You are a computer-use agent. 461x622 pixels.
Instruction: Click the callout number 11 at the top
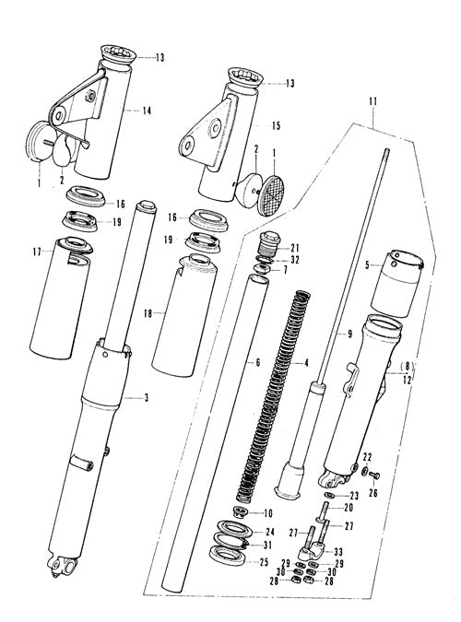372,101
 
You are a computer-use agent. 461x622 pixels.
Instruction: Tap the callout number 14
147,111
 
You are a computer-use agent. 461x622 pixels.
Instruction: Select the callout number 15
276,125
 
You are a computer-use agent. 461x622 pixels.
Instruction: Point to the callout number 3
146,397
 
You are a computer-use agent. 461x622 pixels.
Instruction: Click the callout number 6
258,362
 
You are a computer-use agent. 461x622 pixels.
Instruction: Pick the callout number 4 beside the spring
306,362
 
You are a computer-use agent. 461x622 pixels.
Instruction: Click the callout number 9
349,334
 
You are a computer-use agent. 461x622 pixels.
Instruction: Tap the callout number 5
367,264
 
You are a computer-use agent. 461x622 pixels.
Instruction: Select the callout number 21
295,249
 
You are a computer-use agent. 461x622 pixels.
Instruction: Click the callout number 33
338,552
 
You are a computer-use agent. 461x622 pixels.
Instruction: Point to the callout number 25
264,562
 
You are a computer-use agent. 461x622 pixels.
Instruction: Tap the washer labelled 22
364,471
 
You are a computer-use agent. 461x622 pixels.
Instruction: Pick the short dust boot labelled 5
396,283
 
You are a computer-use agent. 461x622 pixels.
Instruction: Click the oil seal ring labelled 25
225,554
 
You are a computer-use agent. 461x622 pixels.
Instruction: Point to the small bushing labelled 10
241,511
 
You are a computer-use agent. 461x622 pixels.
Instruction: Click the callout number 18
148,314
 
